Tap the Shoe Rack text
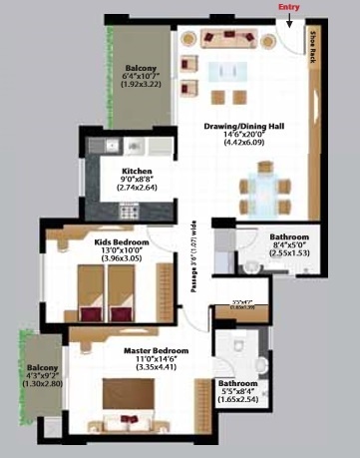pos(313,47)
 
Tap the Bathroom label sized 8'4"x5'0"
pos(289,236)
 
